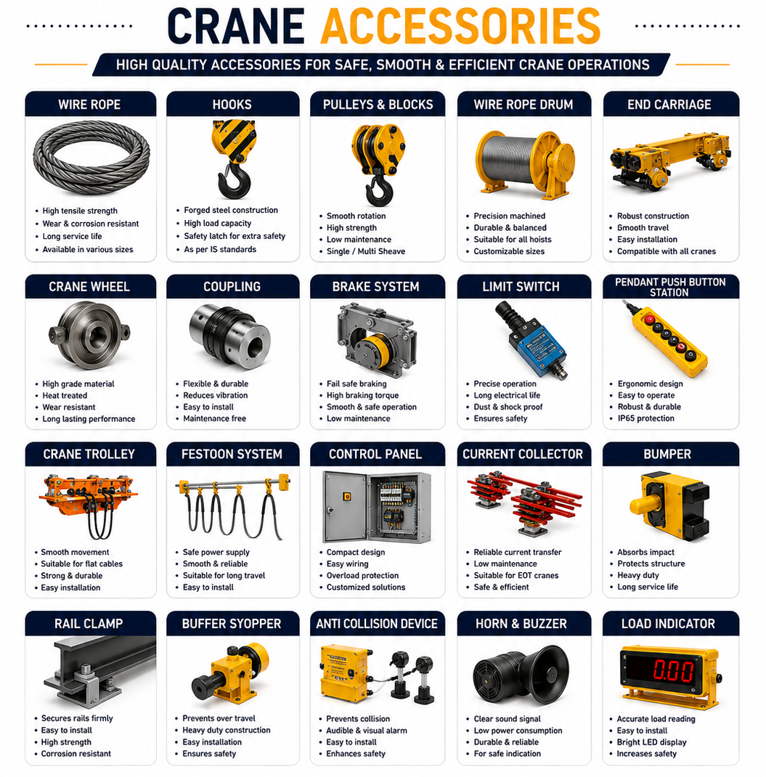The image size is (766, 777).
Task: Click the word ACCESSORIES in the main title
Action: point(461,27)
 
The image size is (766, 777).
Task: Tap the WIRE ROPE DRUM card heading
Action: point(523,105)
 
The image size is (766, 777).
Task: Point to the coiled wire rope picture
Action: point(91,157)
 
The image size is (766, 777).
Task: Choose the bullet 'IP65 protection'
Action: point(645,418)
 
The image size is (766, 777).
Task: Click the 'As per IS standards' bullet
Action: point(220,249)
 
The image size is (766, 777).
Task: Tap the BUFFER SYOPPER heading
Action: point(232,623)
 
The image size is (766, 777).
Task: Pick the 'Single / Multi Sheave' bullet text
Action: point(366,251)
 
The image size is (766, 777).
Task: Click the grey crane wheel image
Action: point(89,335)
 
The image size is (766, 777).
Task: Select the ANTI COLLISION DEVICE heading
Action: point(377,623)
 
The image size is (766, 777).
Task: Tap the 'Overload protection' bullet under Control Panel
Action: point(362,575)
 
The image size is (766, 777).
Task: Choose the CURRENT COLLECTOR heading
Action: point(523,454)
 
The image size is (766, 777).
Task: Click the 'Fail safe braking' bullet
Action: point(356,383)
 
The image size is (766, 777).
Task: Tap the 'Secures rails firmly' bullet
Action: point(77,718)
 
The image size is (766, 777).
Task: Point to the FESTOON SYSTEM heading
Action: point(232,454)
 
